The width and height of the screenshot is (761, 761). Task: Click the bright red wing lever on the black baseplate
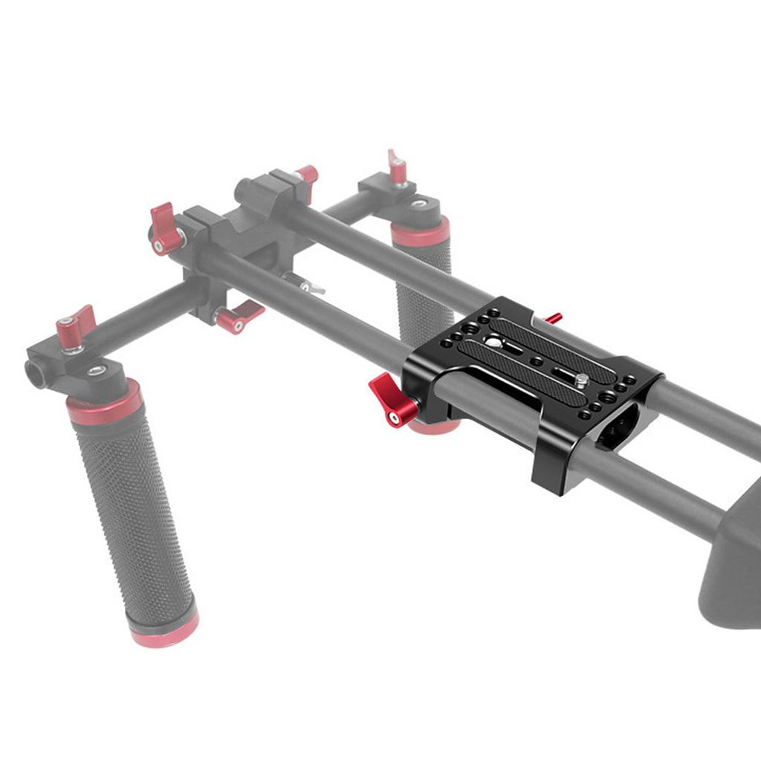coord(392,399)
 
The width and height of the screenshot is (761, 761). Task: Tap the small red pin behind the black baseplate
coord(553,319)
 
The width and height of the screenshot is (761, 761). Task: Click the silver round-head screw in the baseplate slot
coord(493,342)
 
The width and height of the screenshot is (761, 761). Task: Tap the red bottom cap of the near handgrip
coord(164,630)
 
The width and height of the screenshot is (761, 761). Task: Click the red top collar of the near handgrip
coord(104,402)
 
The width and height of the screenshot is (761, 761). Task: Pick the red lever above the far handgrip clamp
coord(398,167)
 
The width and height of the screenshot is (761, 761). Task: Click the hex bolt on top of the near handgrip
coord(96,370)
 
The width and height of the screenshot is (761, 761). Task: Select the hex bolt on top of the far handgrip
coord(419,203)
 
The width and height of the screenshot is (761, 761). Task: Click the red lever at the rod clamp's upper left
coord(165,229)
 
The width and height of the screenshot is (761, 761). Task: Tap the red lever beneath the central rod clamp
coord(236,315)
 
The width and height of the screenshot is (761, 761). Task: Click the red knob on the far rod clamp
coord(307,175)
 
